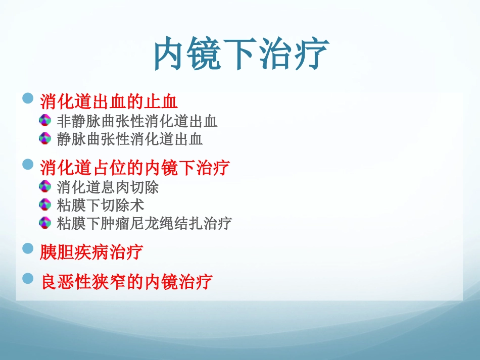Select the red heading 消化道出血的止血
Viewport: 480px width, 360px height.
pyautogui.click(x=109, y=102)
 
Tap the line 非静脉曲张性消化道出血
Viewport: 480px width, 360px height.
pyautogui.click(x=137, y=121)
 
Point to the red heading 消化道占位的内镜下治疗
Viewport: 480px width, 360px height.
pyautogui.click(x=135, y=167)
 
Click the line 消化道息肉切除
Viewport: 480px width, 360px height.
pyautogui.click(x=108, y=187)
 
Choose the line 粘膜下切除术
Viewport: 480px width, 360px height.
pyautogui.click(x=101, y=205)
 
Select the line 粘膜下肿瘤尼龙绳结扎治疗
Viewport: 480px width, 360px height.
pyautogui.click(x=145, y=223)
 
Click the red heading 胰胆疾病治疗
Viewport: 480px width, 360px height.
pyautogui.click(x=91, y=251)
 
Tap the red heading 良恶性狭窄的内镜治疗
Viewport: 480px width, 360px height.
pyautogui.click(x=126, y=282)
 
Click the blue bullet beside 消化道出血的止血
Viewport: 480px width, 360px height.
pyautogui.click(x=29, y=97)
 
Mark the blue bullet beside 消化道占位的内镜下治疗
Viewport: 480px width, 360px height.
pyautogui.click(x=29, y=163)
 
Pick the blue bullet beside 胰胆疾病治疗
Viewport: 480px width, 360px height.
pyautogui.click(x=29, y=247)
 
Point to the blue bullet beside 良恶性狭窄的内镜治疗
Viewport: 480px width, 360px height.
pyautogui.click(x=29, y=277)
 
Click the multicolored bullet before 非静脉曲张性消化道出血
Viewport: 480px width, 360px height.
pyautogui.click(x=45, y=120)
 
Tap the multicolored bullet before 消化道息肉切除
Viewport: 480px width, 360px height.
pyautogui.click(x=45, y=186)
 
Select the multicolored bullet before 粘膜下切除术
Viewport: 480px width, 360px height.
pyautogui.click(x=45, y=204)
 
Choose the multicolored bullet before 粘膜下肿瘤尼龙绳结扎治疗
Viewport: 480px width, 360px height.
pyautogui.click(x=45, y=222)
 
